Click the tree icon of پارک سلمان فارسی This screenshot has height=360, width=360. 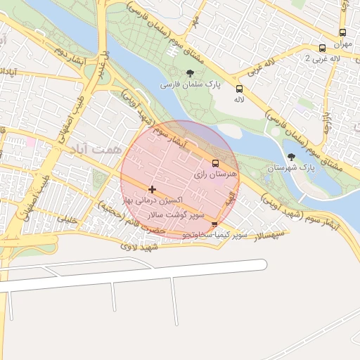click(x=189, y=73)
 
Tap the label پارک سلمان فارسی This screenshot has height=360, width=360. click(x=190, y=84)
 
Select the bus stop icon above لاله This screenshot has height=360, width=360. click(x=239, y=89)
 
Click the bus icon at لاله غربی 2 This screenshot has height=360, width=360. click(x=322, y=48)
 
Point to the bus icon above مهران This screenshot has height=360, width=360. click(x=342, y=32)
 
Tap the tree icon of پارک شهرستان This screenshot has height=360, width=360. click(x=292, y=157)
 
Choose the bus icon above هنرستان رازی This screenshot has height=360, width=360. click(x=215, y=163)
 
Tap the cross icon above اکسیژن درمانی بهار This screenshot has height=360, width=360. click(x=153, y=189)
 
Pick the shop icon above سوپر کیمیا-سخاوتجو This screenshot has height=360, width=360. click(x=214, y=225)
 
